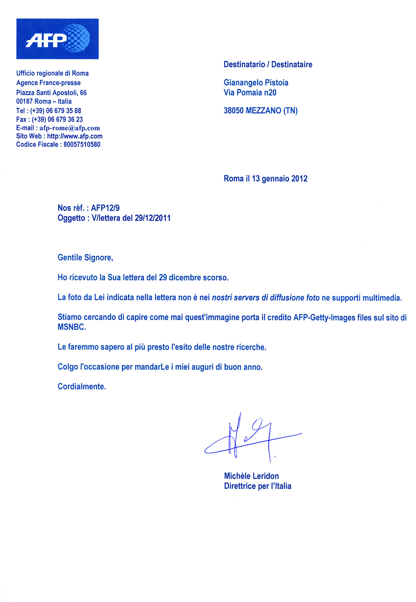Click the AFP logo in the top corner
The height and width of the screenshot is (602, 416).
pos(57,39)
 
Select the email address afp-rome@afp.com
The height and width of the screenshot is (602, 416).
pos(69,128)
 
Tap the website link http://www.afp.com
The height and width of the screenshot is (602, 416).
pos(75,136)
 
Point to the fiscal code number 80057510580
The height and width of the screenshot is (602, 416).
pos(82,144)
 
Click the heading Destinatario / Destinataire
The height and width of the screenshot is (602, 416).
pos(268,65)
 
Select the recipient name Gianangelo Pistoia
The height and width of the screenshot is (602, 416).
pos(256,83)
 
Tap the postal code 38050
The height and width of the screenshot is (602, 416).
pos(233,111)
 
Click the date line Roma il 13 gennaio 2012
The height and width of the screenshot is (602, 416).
pos(265,179)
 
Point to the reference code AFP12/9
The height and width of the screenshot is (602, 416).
pos(105,208)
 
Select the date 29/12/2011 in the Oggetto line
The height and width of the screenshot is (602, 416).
pos(152,218)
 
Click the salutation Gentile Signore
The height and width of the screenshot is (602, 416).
pos(85,258)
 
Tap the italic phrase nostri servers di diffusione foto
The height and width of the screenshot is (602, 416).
pos(266,298)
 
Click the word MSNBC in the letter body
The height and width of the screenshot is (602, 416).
pos(71,327)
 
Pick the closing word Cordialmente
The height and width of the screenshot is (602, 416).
pos(81,386)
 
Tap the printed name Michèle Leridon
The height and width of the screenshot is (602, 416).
pos(251,476)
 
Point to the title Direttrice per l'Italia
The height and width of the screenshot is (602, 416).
pos(258,486)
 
